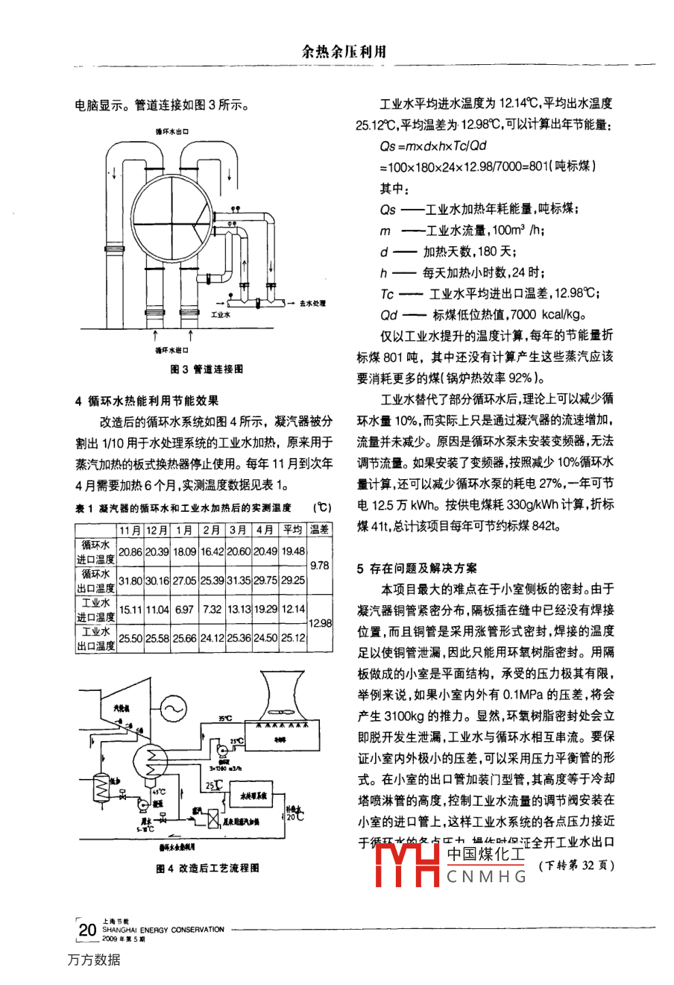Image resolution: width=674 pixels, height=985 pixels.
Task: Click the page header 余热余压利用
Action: [344, 51]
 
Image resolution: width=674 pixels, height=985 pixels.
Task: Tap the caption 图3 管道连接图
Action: [207, 369]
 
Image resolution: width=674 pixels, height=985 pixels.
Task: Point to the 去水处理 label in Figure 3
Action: [312, 303]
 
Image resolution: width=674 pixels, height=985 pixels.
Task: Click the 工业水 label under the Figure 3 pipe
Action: [221, 315]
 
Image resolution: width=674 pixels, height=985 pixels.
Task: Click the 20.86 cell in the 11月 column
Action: [130, 551]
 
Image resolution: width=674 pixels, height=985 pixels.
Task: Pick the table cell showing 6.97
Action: [184, 609]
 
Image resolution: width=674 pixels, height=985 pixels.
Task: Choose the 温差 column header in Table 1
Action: [319, 529]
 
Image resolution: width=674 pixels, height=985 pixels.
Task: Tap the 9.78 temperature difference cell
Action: [319, 565]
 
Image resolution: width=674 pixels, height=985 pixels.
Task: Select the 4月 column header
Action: [265, 529]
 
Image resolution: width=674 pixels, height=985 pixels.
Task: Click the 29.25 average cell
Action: [292, 580]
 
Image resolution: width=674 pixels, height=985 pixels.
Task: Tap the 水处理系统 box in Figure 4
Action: [253, 796]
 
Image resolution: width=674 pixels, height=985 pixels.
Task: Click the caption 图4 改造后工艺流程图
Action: [208, 868]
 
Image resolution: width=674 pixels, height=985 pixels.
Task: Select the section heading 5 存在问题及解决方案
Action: [418, 569]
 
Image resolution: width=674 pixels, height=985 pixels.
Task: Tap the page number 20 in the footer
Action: [87, 929]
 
